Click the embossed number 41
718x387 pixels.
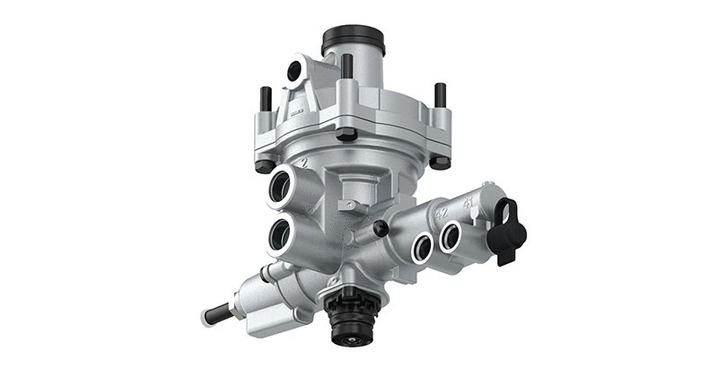coord(468,204)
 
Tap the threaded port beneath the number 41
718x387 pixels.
coord(451,236)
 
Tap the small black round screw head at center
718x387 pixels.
coord(381,228)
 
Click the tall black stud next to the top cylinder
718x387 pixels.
coord(346,68)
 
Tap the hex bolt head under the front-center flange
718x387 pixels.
coord(347,136)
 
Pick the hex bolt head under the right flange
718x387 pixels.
coord(439,163)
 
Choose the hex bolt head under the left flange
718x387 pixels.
coord(263,166)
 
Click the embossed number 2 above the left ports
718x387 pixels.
coord(305,163)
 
